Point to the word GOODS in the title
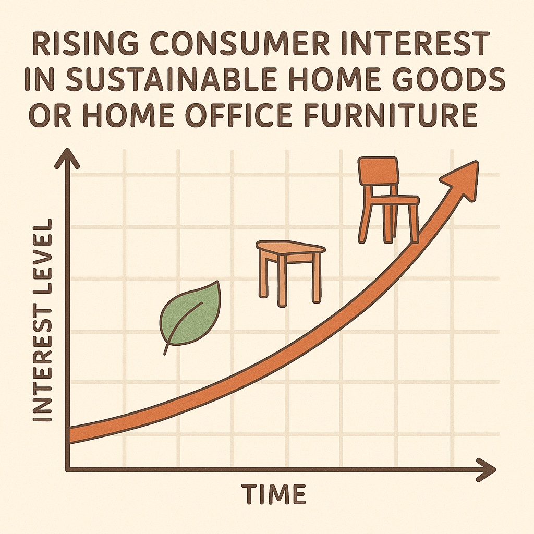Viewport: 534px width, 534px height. point(447,79)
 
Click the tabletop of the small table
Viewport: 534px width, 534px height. point(290,248)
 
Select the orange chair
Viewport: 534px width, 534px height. point(388,200)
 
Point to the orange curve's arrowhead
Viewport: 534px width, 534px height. point(462,181)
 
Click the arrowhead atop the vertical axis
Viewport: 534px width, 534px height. point(67,159)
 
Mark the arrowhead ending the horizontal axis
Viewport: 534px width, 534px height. point(486,470)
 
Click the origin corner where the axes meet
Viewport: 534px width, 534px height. point(68,470)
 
